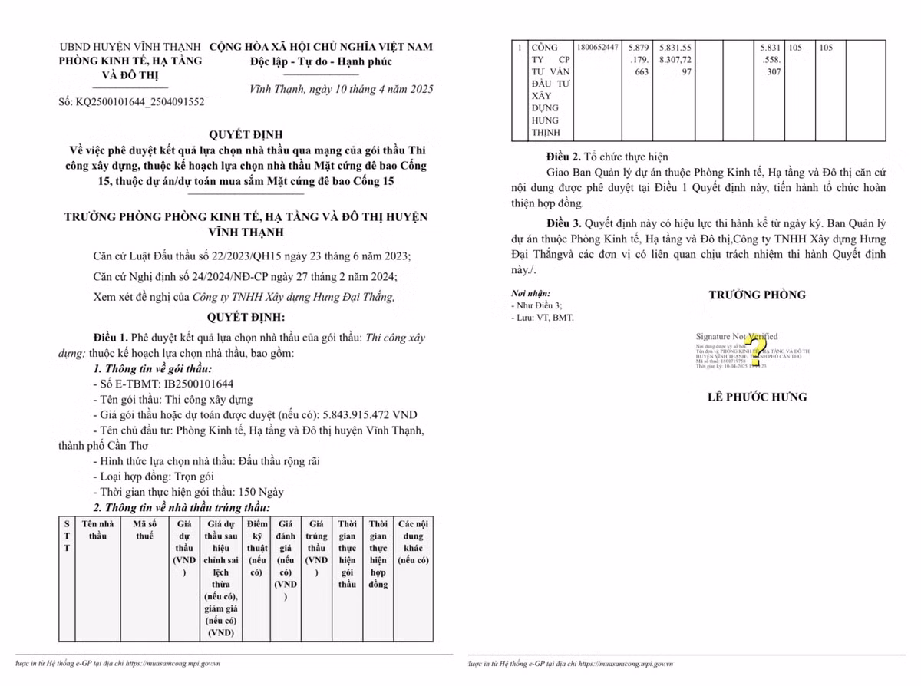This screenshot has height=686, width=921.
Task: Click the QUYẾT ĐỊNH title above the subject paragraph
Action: (246, 134)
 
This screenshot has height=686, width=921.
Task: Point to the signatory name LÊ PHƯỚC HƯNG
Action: (757, 397)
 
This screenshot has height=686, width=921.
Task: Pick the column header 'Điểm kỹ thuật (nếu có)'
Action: (258, 548)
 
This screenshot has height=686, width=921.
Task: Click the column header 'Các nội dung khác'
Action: (413, 542)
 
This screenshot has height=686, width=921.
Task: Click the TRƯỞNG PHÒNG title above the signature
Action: (757, 295)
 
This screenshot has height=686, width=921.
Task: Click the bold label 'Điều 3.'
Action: (563, 223)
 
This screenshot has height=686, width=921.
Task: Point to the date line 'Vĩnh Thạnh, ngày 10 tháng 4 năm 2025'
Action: (342, 89)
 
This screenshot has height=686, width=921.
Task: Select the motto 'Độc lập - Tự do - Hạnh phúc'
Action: (321, 61)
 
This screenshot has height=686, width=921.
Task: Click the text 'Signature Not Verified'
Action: (736, 336)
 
